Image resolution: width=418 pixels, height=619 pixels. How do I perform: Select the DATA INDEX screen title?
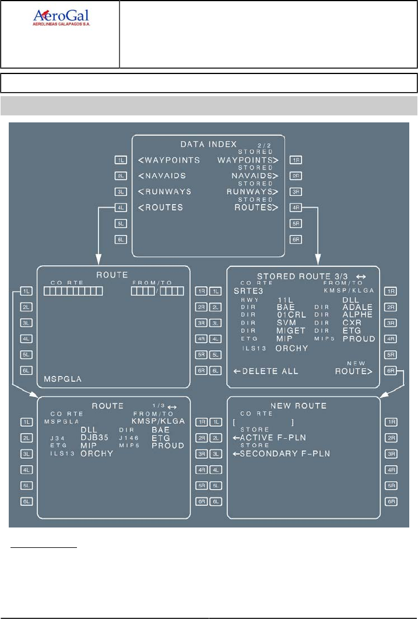[208, 144]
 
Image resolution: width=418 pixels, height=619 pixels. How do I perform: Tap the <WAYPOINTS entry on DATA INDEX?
[169, 160]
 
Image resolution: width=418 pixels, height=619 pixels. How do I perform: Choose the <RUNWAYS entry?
[164, 191]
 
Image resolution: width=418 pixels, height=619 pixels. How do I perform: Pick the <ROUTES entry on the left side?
[160, 207]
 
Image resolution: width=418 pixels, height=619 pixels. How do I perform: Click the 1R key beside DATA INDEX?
[296, 160]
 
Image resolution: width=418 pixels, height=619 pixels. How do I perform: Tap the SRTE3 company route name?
[248, 290]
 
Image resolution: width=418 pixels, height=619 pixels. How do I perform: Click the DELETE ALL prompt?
[266, 371]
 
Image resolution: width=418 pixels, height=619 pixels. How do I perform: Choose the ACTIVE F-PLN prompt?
[269, 438]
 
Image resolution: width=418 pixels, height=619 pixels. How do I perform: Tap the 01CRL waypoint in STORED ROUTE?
[291, 315]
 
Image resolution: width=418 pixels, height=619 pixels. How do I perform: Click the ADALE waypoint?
[357, 307]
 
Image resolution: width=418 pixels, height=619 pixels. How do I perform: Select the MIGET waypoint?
[291, 330]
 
